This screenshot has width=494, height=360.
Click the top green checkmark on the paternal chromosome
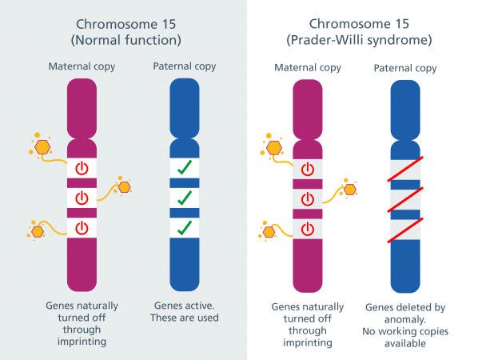[185, 167]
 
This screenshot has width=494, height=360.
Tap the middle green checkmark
[185, 198]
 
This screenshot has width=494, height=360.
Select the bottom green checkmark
[185, 228]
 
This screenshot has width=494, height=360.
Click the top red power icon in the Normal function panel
[82, 168]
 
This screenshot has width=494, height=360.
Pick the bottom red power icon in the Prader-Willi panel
[308, 229]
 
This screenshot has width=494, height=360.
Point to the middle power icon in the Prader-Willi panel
[308, 199]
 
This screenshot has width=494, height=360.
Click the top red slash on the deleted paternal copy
[405, 170]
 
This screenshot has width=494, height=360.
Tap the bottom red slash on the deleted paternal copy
[405, 230]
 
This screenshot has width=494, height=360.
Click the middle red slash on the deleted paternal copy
[405, 200]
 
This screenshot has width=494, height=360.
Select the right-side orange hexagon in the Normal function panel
[125, 187]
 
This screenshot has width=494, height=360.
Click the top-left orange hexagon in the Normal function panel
[42, 147]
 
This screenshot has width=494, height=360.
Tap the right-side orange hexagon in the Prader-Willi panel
[350, 190]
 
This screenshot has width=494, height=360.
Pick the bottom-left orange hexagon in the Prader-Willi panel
[269, 232]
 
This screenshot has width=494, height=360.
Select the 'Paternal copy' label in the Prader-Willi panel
[405, 69]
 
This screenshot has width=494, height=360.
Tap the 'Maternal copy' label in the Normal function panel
[82, 67]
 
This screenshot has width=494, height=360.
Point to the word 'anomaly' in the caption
[404, 320]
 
